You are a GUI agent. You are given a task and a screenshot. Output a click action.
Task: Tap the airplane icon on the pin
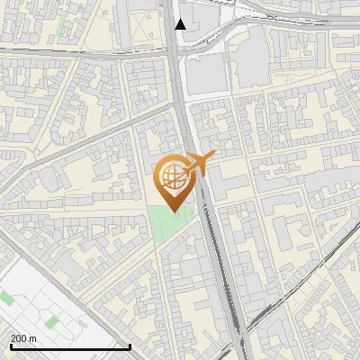tap(199, 165)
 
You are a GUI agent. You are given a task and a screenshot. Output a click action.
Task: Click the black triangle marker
tap(181, 23)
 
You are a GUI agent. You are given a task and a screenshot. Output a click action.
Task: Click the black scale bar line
tap(69, 346)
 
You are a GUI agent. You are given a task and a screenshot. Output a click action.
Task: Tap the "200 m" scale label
tap(23, 337)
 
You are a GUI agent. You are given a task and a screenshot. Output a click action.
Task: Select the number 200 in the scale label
tap(19, 337)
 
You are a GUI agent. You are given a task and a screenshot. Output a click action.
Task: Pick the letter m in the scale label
tap(32, 337)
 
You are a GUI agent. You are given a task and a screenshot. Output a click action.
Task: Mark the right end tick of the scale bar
tap(130, 346)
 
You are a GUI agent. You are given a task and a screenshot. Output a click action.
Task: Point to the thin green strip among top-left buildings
tap(60, 27)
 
